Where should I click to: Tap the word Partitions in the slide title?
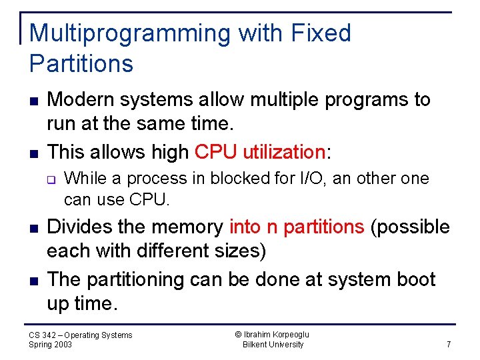pos(81,64)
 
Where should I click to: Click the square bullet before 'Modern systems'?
pos(33,101)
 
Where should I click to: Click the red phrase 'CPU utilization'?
pos(259,152)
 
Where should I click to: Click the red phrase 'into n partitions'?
pos(297,227)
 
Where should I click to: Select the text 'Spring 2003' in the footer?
pos(51,345)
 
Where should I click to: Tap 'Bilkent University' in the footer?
pos(273,345)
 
